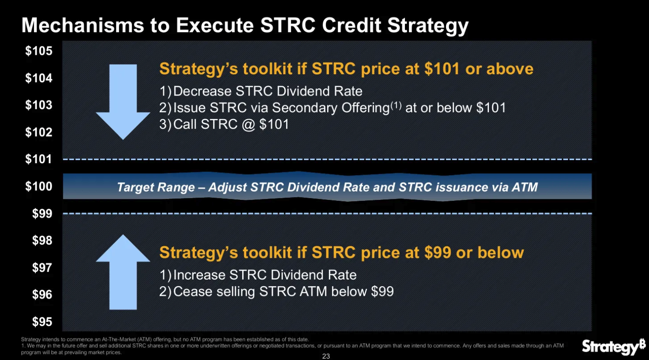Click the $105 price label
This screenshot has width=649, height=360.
click(39, 51)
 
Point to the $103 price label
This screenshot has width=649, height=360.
click(39, 105)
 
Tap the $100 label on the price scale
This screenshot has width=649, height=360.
click(39, 186)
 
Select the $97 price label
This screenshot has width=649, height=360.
click(42, 268)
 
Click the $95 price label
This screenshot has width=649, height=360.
click(42, 322)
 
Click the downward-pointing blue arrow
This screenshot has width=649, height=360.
click(123, 102)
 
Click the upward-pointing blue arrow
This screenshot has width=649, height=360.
click(123, 272)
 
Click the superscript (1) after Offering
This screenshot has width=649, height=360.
click(396, 105)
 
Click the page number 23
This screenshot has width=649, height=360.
click(326, 356)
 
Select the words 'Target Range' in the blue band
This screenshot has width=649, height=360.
click(156, 187)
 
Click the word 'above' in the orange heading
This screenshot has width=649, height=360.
click(510, 69)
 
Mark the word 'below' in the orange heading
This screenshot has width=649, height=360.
click(500, 253)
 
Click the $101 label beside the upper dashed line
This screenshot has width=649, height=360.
click(39, 159)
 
